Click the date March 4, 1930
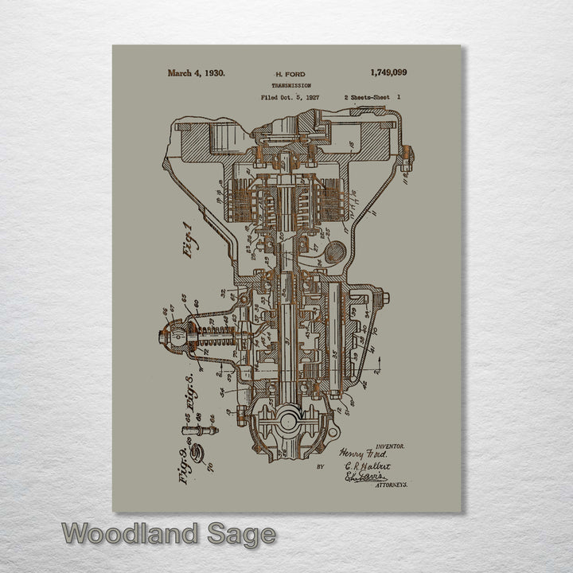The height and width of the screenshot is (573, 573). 196,72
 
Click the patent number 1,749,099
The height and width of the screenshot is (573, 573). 388,72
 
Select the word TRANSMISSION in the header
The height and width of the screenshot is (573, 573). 290,85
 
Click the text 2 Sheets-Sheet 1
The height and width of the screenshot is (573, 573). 372,97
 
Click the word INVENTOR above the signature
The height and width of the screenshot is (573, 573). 389,447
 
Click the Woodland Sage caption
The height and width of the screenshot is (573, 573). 169,535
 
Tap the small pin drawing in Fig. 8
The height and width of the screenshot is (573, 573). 199,430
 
